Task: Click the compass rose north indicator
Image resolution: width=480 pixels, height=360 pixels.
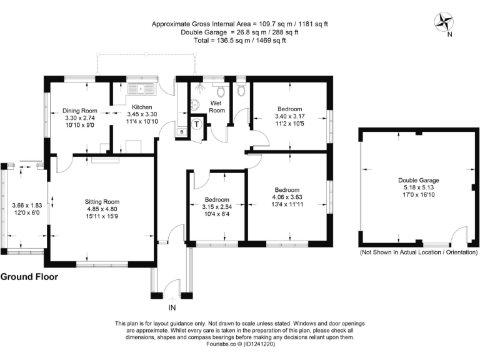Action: tap(446, 22)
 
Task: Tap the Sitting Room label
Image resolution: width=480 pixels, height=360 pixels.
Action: tap(102, 202)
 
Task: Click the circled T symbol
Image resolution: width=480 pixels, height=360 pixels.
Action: tap(197, 124)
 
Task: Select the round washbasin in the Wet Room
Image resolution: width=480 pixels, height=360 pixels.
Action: tap(194, 104)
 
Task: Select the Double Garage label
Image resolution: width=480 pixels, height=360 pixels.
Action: tap(416, 181)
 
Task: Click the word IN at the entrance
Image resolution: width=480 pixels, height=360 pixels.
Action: tap(172, 308)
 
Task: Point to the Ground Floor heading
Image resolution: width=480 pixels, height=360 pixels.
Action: tap(29, 276)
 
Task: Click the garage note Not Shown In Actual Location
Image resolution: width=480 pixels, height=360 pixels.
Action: tap(416, 252)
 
